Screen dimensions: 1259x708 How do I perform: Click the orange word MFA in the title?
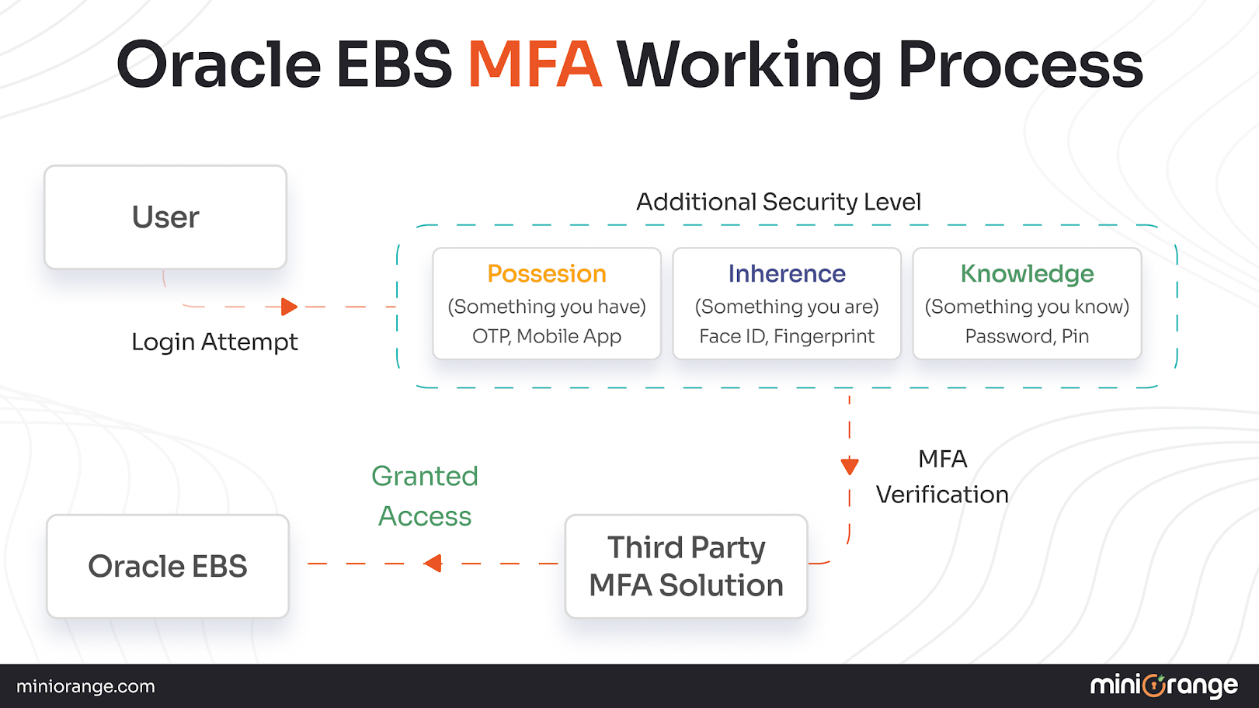coord(534,64)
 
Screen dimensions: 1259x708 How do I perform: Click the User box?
coord(165,217)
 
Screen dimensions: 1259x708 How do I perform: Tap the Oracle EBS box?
coord(168,567)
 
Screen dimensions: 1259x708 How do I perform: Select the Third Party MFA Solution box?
coord(687,567)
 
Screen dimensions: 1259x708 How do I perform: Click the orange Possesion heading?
coord(547,274)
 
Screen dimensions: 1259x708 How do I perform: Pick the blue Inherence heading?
coord(787,274)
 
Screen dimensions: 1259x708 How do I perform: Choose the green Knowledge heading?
coord(1027,274)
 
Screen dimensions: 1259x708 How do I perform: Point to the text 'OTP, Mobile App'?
coord(547,336)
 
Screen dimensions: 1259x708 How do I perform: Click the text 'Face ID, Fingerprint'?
coord(787,336)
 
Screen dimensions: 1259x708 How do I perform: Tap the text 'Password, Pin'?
coord(1027,336)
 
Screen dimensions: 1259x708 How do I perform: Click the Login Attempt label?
coord(214,342)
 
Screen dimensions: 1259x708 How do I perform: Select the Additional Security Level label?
coord(778,202)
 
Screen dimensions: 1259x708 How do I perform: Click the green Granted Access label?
coord(425,496)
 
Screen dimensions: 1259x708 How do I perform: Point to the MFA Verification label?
coord(942,477)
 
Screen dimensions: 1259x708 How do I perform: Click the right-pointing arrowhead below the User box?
coord(289,307)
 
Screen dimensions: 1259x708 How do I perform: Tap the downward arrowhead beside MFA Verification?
coord(850,466)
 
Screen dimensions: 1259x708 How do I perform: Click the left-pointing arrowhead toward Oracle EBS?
coord(433,564)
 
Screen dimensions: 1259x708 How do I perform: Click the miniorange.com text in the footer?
coord(85,686)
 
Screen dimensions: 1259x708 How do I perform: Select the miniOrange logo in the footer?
coord(1163,685)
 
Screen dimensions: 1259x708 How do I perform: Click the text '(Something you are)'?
coord(787,307)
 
